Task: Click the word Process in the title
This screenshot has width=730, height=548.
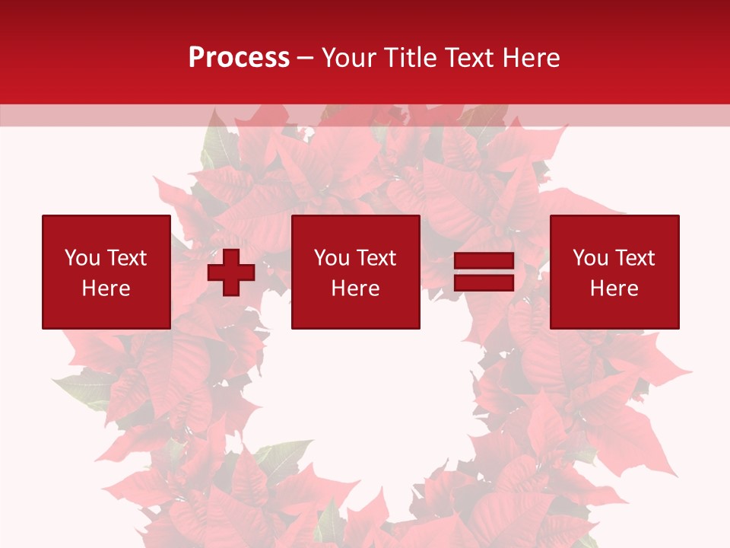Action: click(239, 58)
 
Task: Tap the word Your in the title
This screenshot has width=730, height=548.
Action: click(350, 58)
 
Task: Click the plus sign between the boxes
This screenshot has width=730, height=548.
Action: click(231, 272)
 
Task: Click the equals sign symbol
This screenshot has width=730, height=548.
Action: click(484, 272)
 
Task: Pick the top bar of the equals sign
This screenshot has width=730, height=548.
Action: click(484, 261)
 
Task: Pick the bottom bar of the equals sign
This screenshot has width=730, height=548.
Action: click(484, 282)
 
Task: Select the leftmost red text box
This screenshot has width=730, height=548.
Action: click(106, 272)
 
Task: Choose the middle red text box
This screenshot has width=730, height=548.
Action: click(355, 272)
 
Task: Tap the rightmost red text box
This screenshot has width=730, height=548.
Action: click(614, 272)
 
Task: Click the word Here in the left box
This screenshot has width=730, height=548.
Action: click(106, 288)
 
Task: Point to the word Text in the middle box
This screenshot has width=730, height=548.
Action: click(376, 258)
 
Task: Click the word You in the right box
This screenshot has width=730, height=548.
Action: click(590, 258)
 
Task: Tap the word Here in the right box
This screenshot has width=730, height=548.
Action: click(614, 288)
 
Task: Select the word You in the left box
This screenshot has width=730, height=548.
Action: click(82, 258)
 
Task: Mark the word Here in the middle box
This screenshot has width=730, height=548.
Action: click(355, 288)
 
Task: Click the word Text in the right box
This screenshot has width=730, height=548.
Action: click(634, 258)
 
